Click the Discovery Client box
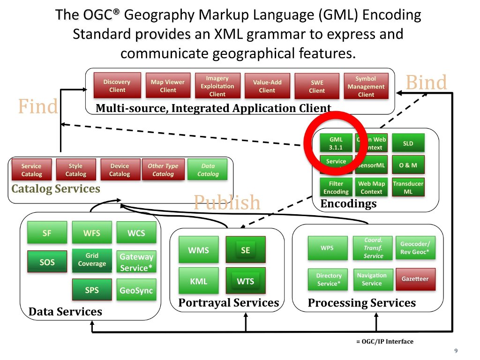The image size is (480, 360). [117, 86]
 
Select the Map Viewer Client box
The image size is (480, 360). [167, 86]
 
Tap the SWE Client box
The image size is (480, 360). [316, 86]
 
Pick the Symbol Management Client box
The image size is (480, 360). [366, 86]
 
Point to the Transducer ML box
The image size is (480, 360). [408, 187]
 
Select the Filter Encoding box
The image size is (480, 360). [336, 187]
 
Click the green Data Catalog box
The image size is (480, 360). [208, 170]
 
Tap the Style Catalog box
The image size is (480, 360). [75, 170]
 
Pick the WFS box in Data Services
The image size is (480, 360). [92, 233]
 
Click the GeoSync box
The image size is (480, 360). [136, 290]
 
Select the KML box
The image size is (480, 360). [198, 282]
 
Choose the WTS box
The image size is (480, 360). [245, 282]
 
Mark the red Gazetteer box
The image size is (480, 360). [415, 279]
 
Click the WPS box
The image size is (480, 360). [327, 247]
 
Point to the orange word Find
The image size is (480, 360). [38, 106]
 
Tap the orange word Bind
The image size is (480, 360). [426, 82]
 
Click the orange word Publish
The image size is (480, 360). [227, 202]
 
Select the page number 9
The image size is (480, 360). [456, 352]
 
